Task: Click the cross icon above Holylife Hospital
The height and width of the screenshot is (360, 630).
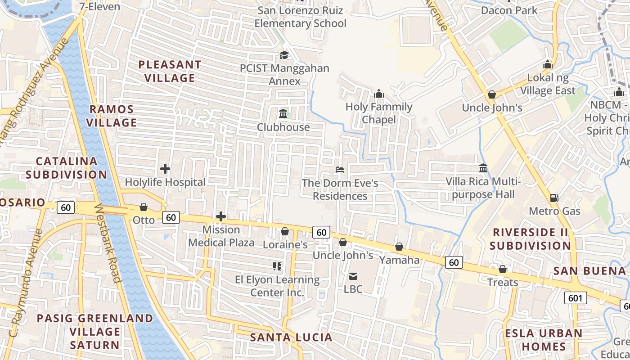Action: click(165, 169)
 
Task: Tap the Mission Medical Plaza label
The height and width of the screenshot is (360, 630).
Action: click(221, 236)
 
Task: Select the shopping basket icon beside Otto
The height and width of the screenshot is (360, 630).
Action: click(144, 207)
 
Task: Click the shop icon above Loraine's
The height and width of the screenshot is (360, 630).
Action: click(285, 231)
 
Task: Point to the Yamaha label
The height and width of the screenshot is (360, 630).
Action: click(399, 260)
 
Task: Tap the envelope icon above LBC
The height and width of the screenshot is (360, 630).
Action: click(353, 276)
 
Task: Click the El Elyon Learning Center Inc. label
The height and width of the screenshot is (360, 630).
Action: click(277, 286)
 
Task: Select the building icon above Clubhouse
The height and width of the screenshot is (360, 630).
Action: click(283, 113)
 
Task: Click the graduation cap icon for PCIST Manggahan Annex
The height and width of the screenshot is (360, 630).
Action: click(284, 55)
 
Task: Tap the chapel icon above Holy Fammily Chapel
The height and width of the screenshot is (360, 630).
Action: click(379, 94)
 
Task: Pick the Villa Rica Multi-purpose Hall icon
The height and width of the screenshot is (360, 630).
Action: click(483, 168)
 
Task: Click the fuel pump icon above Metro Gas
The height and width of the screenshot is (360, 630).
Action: click(554, 198)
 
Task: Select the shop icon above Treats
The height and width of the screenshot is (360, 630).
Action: click(503, 269)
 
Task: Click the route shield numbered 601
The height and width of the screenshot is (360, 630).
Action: click(575, 298)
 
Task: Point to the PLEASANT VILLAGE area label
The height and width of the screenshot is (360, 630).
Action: click(170, 71)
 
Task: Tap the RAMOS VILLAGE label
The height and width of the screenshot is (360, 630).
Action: click(112, 116)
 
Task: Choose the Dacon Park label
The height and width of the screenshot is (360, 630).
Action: click(509, 10)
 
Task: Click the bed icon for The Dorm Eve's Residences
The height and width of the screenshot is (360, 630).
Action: click(340, 170)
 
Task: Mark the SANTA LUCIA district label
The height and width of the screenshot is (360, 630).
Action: click(291, 337)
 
